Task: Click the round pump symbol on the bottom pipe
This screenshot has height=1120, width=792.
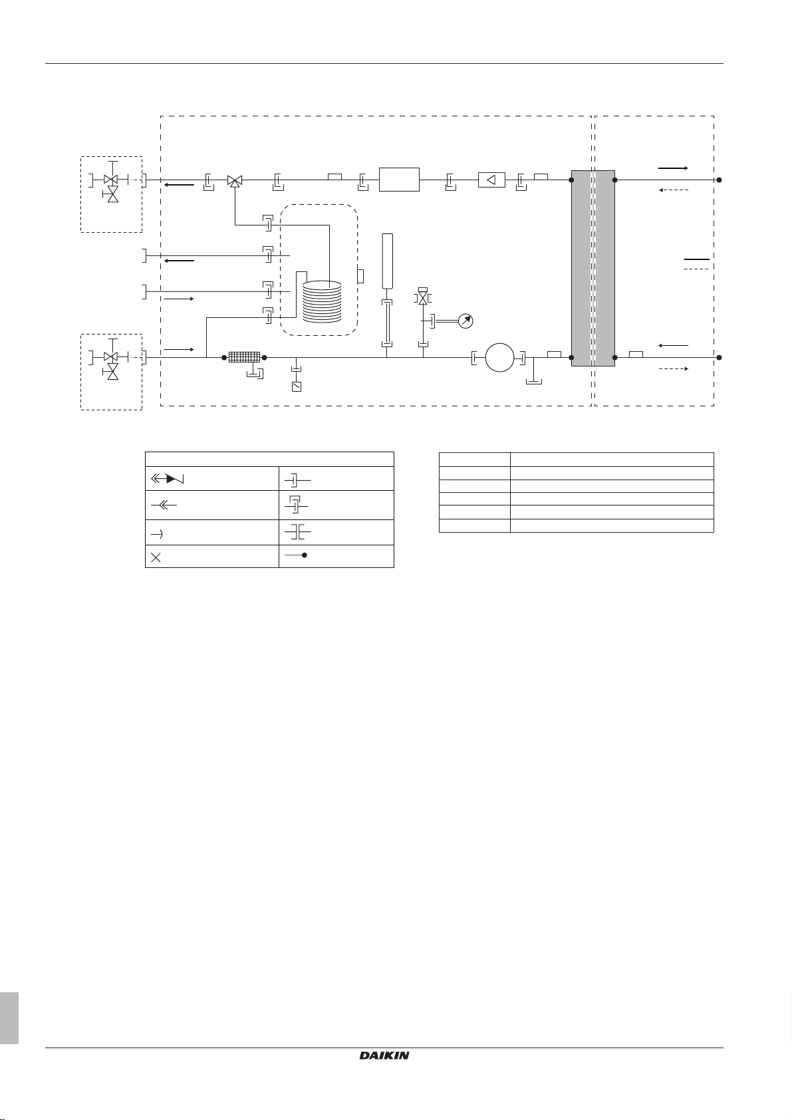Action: (x=499, y=358)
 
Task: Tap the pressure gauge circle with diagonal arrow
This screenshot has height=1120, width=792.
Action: (x=466, y=321)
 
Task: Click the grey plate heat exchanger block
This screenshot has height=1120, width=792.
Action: (x=593, y=268)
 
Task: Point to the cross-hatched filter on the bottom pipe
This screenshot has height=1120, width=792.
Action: (x=244, y=357)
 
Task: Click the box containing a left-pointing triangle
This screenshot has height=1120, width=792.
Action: (x=491, y=180)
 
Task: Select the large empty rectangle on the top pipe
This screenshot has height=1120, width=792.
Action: (x=399, y=180)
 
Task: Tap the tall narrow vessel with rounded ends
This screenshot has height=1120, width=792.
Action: (x=388, y=261)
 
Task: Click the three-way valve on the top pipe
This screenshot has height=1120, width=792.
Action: (x=235, y=180)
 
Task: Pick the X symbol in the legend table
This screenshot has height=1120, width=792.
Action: (x=156, y=557)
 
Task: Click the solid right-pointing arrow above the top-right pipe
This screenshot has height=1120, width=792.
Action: (x=672, y=169)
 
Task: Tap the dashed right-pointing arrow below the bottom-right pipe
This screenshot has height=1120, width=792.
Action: (x=672, y=368)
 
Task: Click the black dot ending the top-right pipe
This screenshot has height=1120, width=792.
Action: (x=719, y=180)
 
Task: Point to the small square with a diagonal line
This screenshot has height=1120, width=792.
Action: (x=297, y=386)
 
